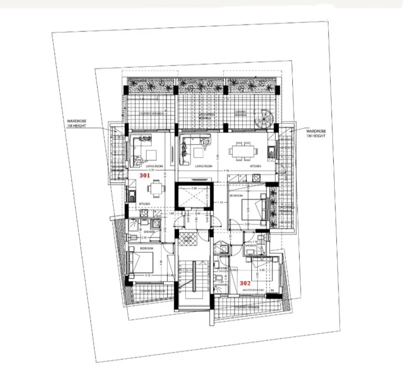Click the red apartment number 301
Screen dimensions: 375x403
pyautogui.click(x=145, y=176)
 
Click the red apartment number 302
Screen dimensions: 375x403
pyautogui.click(x=245, y=282)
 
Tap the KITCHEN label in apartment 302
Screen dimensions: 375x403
pyautogui.click(x=256, y=166)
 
